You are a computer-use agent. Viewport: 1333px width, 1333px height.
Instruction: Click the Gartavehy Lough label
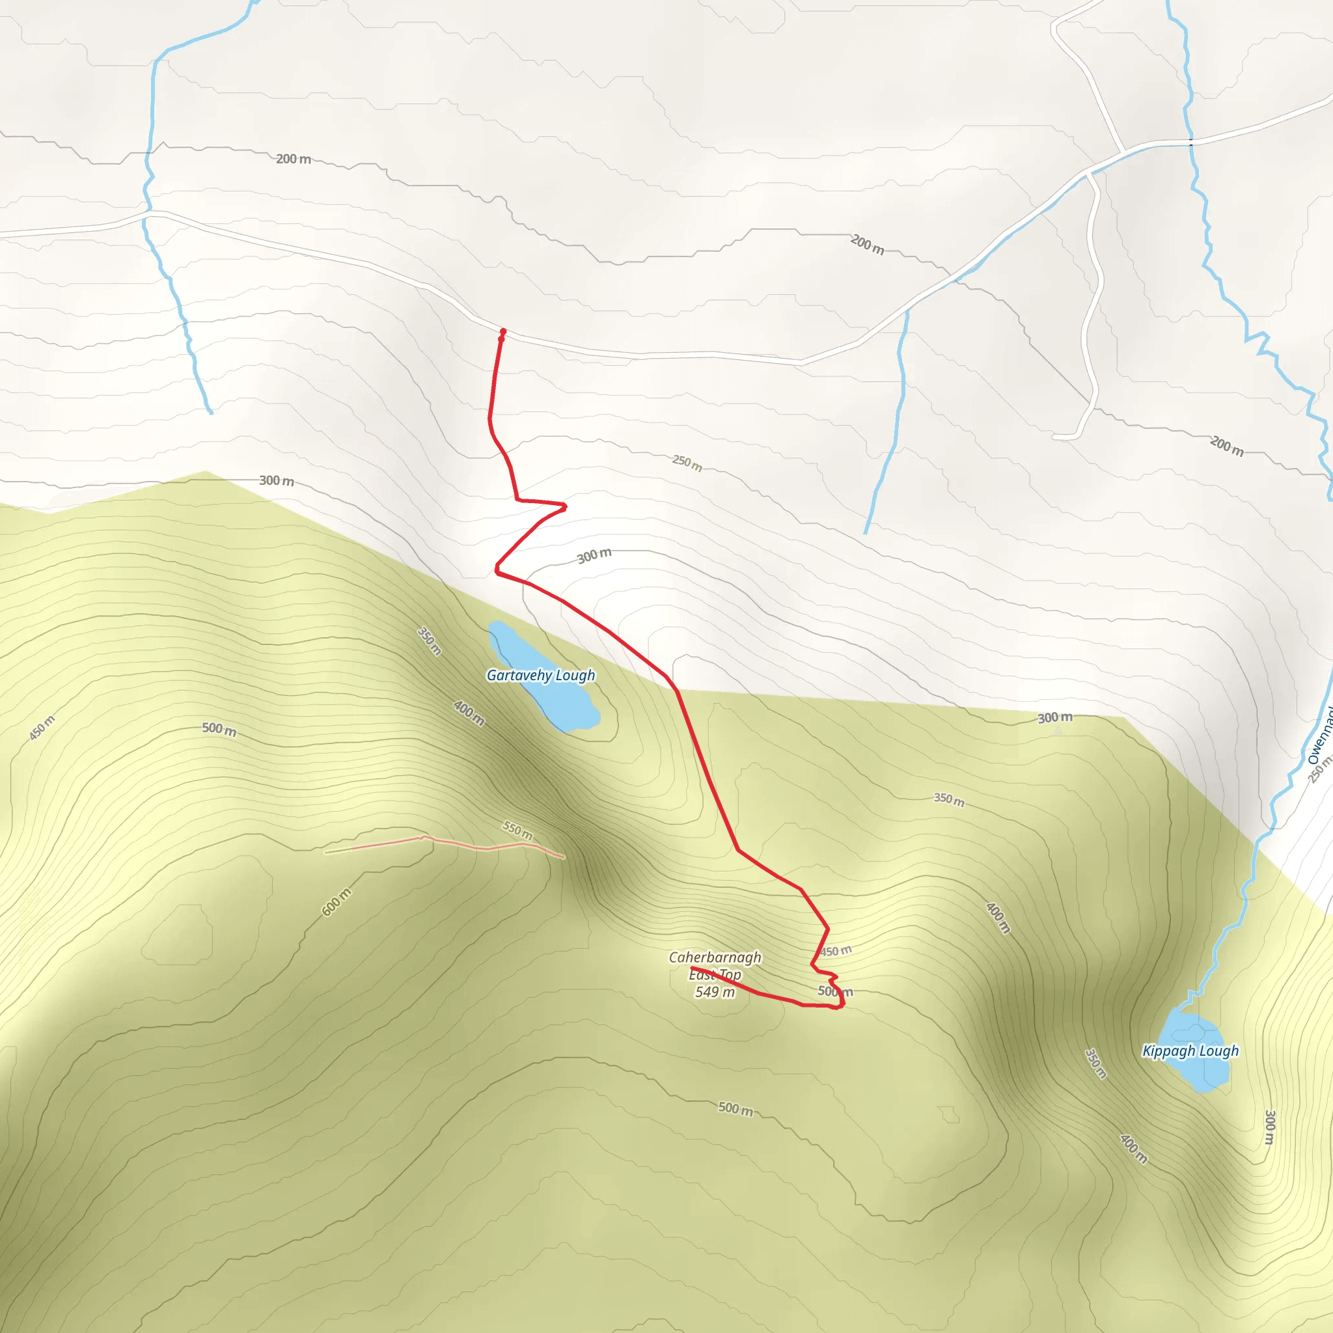tap(540, 676)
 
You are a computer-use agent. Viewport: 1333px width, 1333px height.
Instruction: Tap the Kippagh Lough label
tap(1190, 1051)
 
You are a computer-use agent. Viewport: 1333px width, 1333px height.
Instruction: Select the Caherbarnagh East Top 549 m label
tap(715, 974)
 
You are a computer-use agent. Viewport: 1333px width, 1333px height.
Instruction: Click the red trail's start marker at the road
tap(503, 332)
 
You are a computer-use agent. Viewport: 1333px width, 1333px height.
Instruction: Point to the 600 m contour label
tap(336, 901)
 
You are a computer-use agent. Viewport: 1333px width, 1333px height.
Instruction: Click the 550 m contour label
tap(517, 830)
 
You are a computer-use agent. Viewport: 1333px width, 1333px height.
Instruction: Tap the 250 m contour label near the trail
tap(687, 462)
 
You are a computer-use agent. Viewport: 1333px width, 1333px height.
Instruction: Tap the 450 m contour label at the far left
tap(42, 728)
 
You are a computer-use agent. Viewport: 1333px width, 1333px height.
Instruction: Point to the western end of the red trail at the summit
tap(692, 969)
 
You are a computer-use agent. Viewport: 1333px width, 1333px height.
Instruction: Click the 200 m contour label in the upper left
tap(294, 159)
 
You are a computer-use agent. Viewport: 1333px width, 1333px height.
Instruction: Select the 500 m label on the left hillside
tap(219, 729)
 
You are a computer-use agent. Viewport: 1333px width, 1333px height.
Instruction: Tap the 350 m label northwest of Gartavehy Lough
tap(429, 641)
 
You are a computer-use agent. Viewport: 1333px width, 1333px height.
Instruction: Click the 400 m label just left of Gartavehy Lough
tap(469, 713)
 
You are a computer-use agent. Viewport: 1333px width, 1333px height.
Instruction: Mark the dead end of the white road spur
tap(1054, 437)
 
